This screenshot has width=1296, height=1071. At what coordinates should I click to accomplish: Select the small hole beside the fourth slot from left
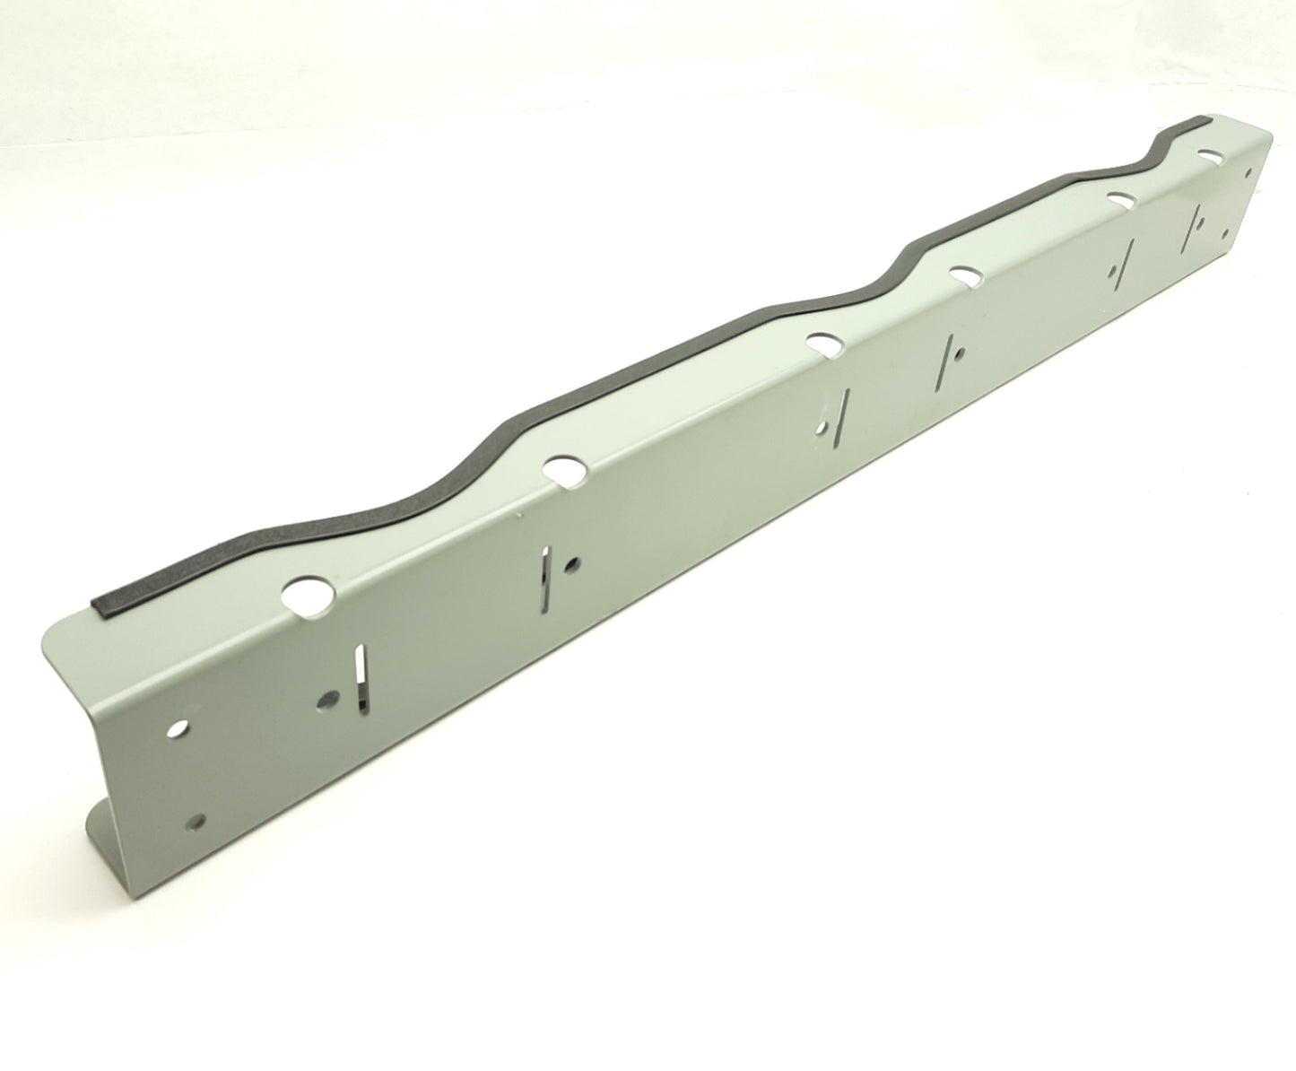click(961, 353)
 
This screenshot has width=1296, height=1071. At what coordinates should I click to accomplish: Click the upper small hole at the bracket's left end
click(182, 727)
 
